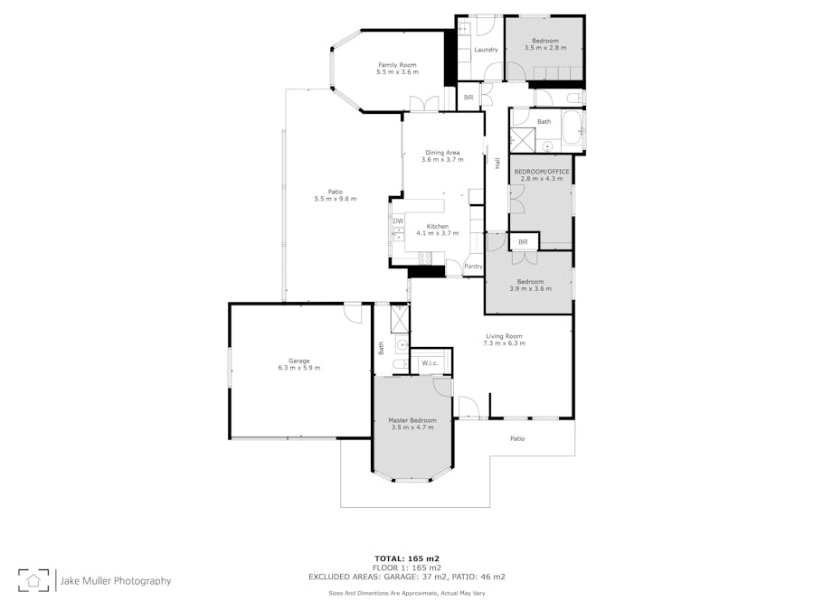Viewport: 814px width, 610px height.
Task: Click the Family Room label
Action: tap(397, 64)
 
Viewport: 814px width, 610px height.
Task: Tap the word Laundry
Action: tap(486, 49)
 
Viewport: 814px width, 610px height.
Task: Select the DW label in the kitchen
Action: tap(397, 221)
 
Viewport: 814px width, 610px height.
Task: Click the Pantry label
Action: tap(473, 267)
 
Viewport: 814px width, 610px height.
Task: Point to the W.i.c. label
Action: tap(429, 363)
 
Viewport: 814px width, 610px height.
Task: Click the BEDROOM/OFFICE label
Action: tap(541, 172)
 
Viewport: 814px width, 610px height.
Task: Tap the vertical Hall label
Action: tap(497, 164)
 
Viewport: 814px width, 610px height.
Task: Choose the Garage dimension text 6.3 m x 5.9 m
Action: tap(298, 369)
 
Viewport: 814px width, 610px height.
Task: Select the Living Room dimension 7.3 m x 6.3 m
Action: tap(504, 343)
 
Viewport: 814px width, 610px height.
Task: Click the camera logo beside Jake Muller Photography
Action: tap(35, 580)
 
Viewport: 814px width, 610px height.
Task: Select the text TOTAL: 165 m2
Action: tap(407, 558)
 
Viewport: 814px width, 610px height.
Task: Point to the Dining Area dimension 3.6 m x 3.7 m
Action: tap(442, 159)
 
